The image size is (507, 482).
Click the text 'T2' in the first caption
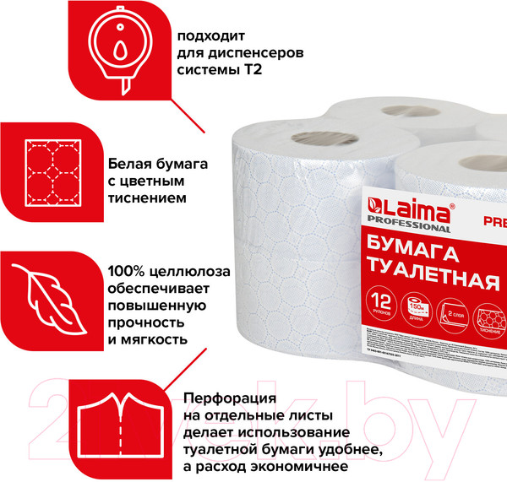point(251,72)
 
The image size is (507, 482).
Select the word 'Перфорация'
point(226,398)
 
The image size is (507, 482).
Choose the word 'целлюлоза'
point(202,273)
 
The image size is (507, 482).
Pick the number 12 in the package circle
point(383,301)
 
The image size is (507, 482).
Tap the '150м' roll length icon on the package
point(420,305)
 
